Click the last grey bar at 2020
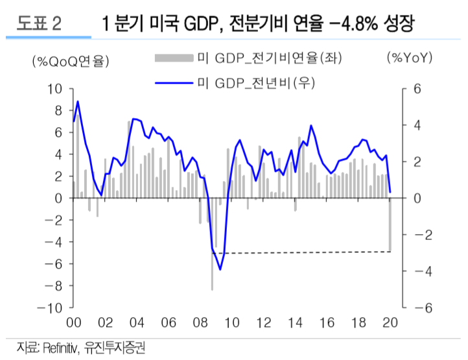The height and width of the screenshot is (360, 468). point(390,224)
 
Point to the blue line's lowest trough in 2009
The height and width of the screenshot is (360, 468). point(220,269)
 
